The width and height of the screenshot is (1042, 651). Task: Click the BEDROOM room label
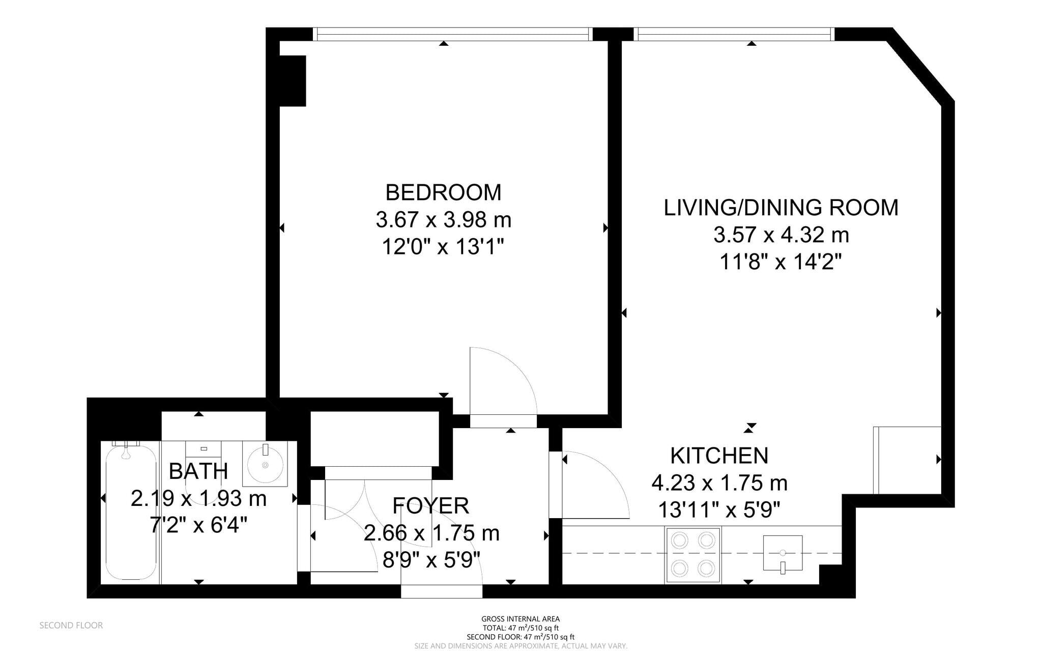(x=443, y=193)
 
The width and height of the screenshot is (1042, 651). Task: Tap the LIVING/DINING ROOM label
(x=781, y=208)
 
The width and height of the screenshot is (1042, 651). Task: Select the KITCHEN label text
(x=719, y=456)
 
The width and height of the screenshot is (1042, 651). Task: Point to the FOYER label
(x=430, y=506)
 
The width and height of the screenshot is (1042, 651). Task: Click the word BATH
(x=198, y=471)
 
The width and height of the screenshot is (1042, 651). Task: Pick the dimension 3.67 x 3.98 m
(x=443, y=220)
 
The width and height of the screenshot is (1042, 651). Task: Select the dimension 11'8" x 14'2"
(x=781, y=263)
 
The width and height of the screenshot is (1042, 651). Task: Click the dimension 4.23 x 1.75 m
(x=719, y=483)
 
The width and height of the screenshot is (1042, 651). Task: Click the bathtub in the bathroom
(x=130, y=512)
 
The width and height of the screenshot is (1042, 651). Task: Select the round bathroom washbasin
(x=265, y=463)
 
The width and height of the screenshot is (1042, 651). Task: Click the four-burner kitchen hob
(x=692, y=555)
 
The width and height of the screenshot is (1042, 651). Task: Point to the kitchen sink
(x=783, y=553)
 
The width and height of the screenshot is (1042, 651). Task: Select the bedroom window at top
(x=452, y=34)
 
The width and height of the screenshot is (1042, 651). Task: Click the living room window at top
(x=734, y=34)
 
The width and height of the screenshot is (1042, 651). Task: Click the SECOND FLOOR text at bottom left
(x=71, y=626)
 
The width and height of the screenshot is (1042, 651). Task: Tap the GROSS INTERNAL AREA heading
(x=520, y=619)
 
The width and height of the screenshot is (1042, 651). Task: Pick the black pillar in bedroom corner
(x=293, y=80)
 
